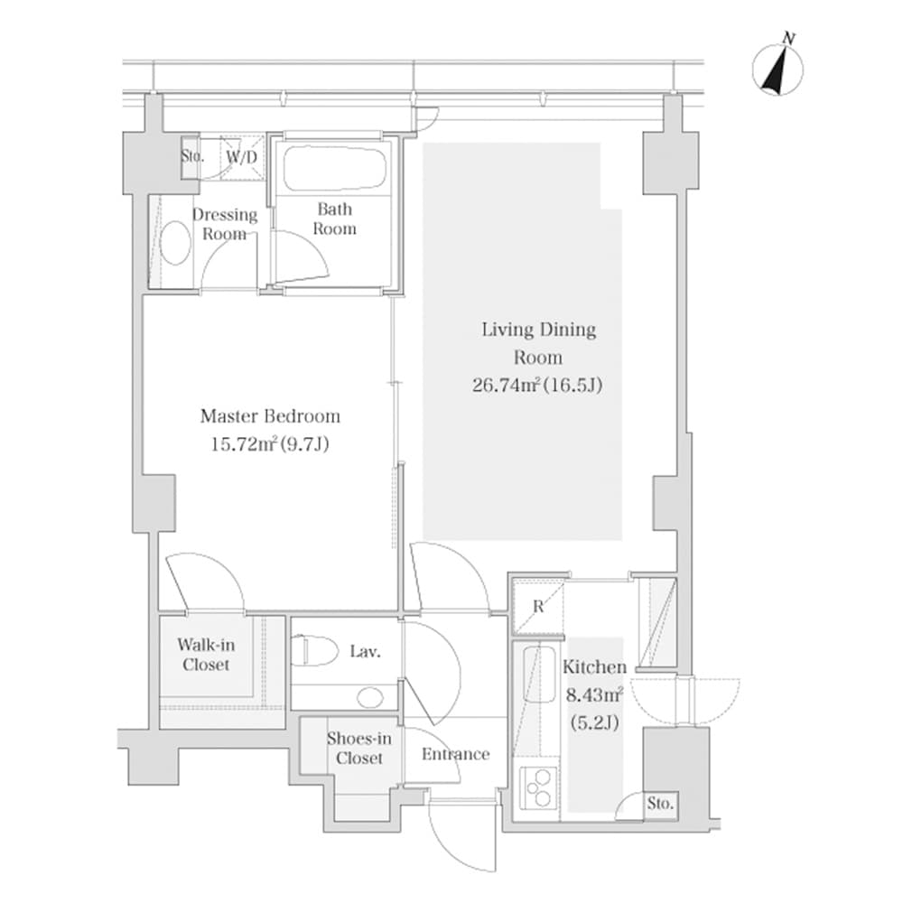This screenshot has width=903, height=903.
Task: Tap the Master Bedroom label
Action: point(270,416)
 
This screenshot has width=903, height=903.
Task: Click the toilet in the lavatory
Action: point(312,650)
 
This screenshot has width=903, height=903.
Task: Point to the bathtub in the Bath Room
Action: point(334,168)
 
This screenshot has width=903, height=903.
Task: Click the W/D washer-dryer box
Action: point(242,157)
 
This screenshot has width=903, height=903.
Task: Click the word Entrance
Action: point(457,754)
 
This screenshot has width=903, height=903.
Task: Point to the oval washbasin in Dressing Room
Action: point(175,243)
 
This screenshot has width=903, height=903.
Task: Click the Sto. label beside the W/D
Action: point(191,155)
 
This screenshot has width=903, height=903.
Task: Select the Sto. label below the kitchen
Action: point(660,804)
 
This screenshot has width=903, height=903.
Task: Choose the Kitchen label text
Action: point(594,667)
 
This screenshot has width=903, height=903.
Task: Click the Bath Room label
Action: point(334,219)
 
